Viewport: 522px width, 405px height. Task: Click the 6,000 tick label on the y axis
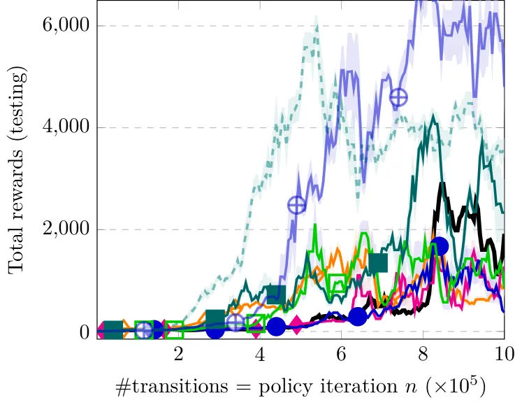[66, 24]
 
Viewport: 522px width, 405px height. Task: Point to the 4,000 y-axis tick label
[66, 127]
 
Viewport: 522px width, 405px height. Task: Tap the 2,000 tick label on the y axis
[66, 229]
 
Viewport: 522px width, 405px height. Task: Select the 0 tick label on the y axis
[85, 332]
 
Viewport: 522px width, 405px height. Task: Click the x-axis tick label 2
[178, 354]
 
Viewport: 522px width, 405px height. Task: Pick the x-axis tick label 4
[260, 354]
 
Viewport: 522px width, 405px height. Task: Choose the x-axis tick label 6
[341, 354]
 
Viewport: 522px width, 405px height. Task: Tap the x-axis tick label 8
[423, 354]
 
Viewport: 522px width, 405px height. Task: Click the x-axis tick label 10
[505, 354]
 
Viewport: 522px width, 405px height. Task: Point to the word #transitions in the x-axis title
[172, 387]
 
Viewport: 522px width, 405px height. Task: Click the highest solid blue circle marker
[439, 246]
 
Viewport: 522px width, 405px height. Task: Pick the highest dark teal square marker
[378, 263]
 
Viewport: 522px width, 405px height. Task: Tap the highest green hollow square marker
[338, 283]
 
